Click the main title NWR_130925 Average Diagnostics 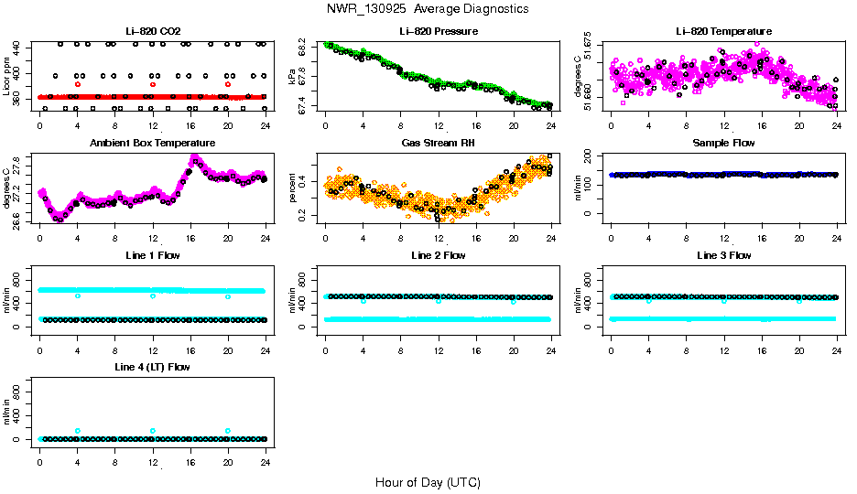point(427,9)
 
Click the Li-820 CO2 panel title point(152,32)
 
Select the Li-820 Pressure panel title point(438,32)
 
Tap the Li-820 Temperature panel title point(723,32)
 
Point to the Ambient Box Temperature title point(152,144)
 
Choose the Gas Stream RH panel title point(438,144)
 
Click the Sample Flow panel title point(723,144)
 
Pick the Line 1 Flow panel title point(152,255)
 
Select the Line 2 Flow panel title point(438,255)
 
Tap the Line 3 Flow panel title point(723,255)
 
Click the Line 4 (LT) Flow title point(152,367)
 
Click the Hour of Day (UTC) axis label point(428,482)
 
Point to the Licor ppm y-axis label point(7,77)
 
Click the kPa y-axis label point(293,77)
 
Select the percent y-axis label point(293,188)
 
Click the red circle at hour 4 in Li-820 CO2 point(78,84)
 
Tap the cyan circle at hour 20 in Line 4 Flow point(228,430)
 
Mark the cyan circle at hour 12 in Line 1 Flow point(153,296)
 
